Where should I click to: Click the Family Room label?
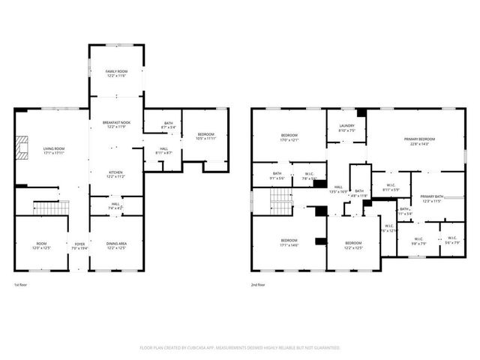115,73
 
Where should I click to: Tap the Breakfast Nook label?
115,124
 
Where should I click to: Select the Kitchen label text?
115,174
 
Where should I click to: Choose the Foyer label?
79,245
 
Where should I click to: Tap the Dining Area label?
115,245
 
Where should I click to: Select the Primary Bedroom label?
419,141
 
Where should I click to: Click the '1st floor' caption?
22,285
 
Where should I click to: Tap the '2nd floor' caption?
259,285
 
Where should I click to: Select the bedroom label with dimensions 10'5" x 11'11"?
205,136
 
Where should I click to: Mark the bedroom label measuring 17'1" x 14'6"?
289,244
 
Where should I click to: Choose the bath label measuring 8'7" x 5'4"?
168,126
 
